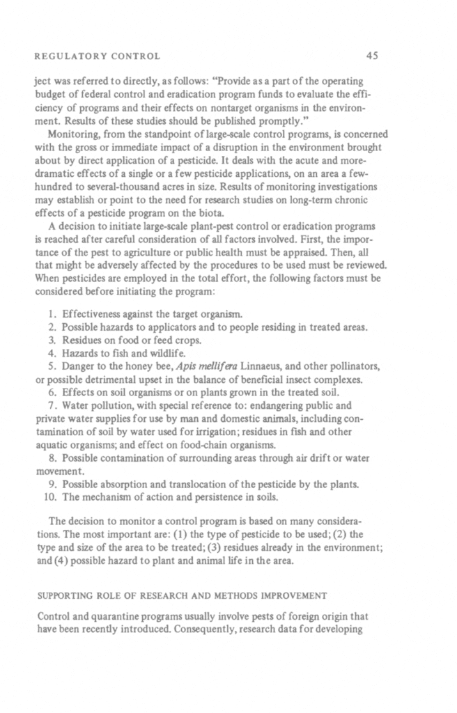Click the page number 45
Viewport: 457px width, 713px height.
pyautogui.click(x=371, y=55)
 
